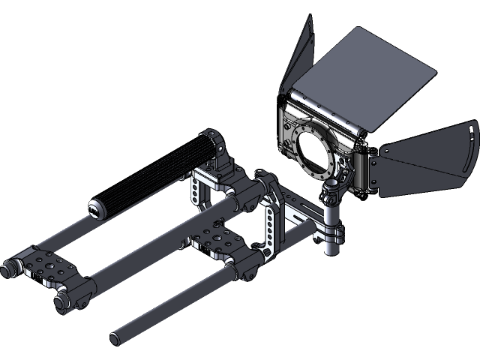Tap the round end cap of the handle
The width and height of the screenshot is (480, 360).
97,208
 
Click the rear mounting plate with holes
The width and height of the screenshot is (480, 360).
49,267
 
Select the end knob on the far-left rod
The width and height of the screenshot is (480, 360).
11,268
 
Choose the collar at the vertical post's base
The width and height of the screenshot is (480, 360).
331,245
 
